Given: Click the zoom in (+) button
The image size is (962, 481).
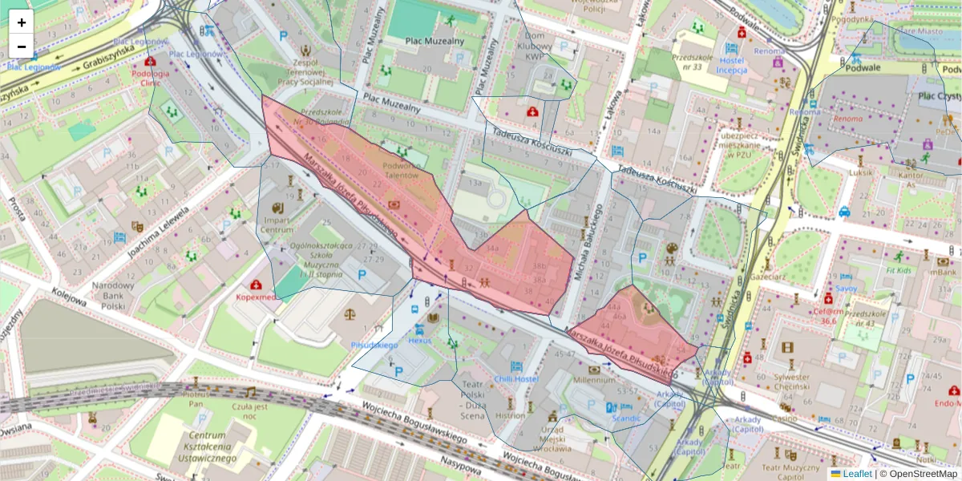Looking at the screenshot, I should tap(22, 22).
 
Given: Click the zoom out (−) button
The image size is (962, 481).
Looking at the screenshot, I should tap(22, 46).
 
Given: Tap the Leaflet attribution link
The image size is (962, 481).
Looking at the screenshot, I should tap(856, 474).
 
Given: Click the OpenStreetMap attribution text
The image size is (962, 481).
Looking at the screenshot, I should tap(923, 474).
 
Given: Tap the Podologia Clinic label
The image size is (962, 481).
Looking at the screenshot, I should tap(150, 78).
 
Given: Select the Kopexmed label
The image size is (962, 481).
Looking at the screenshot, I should tap(255, 297).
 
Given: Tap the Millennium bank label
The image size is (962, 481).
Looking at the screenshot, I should tap(594, 381).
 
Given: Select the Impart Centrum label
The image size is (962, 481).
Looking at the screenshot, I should tap(277, 224).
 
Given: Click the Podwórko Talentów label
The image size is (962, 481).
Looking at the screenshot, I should tap(398, 169).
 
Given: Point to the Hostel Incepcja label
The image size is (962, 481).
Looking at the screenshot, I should tap(731, 65).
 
